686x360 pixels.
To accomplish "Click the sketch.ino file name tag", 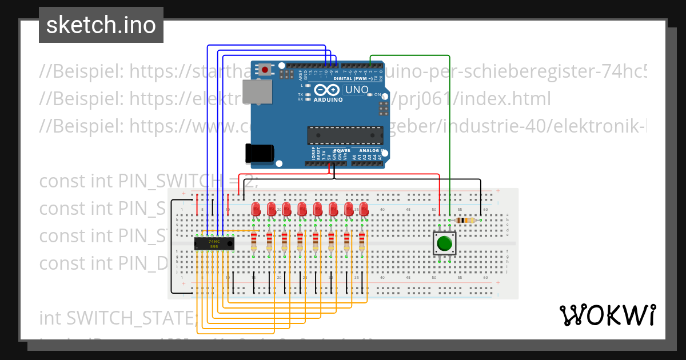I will coord(101,25).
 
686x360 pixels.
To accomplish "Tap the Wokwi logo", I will coord(607,315).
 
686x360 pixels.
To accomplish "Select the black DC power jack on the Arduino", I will coord(259,153).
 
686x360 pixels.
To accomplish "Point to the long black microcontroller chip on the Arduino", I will coord(345,135).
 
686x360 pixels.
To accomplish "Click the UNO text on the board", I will coord(357,90).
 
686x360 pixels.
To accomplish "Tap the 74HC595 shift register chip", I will coord(214,244).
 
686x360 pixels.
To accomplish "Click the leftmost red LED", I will coord(256,208).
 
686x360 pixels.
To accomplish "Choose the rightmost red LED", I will coord(364,208).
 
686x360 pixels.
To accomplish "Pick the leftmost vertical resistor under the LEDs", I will coord(254,242).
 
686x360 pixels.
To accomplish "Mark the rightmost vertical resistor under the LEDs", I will coord(362,242).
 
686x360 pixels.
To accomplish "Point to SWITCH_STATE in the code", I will coord(131,317).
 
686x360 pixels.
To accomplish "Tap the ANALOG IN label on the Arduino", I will coord(369,151).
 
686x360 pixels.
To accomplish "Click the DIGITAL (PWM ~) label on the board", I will coord(357,78).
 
